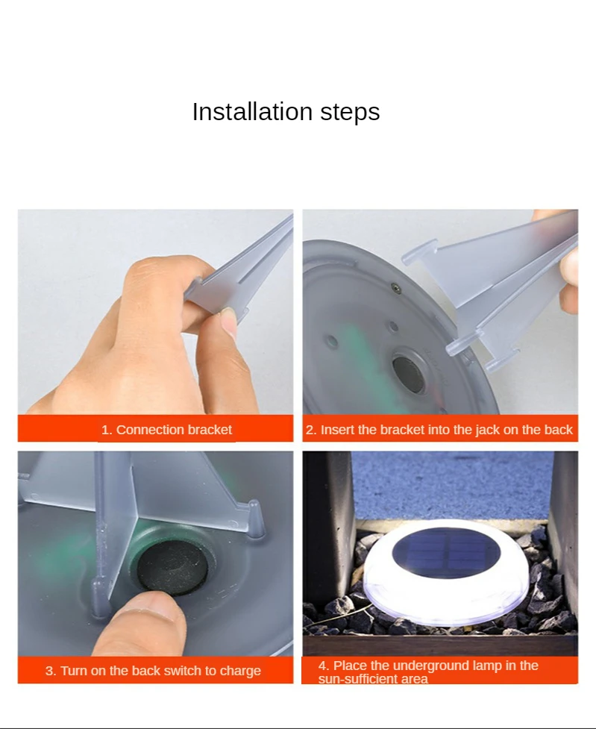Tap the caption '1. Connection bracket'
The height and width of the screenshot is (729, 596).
(166, 430)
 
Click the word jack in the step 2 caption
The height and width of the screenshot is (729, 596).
(487, 430)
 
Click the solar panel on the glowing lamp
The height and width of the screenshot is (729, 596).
(446, 552)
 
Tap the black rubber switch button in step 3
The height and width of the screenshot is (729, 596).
(173, 567)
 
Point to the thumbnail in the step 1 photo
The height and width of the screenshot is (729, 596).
(228, 323)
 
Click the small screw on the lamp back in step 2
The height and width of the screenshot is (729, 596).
(396, 288)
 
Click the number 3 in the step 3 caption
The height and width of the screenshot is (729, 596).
(48, 671)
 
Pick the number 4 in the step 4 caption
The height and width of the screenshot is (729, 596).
(322, 666)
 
